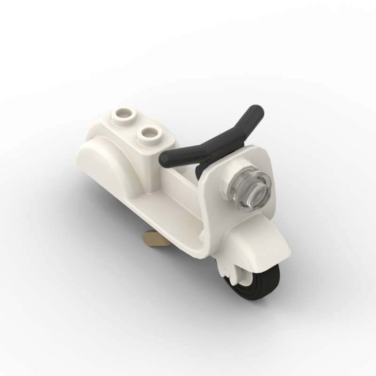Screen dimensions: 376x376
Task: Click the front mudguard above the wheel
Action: pos(263,244)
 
